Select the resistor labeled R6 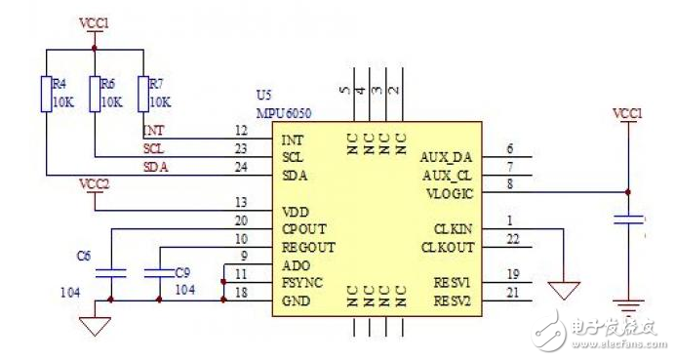pyautogui.click(x=94, y=94)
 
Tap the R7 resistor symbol pyautogui.click(x=142, y=94)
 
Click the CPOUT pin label pyautogui.click(x=302, y=229)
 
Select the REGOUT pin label pyautogui.click(x=306, y=247)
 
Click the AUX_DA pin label pyautogui.click(x=446, y=157)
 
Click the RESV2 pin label pyautogui.click(x=451, y=300)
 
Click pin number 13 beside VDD pyautogui.click(x=240, y=203)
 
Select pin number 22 pyautogui.click(x=513, y=240)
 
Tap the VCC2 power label pyautogui.click(x=95, y=183)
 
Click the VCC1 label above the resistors pyautogui.click(x=95, y=20)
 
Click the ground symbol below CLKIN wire pyautogui.click(x=564, y=291)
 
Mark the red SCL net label pyautogui.click(x=153, y=149)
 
